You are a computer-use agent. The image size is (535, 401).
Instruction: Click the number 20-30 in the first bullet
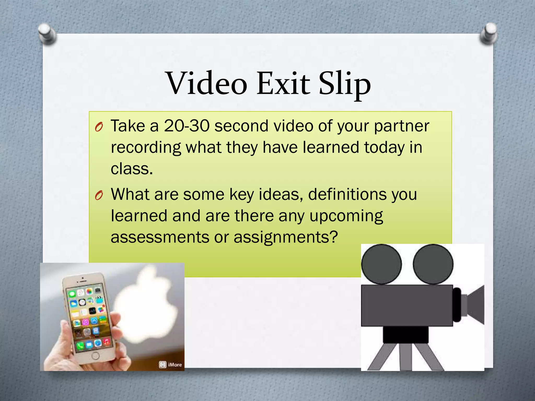pyautogui.click(x=187, y=126)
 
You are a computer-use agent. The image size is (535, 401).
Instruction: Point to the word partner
pyautogui.click(x=402, y=126)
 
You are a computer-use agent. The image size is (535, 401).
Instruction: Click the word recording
pyautogui.click(x=146, y=148)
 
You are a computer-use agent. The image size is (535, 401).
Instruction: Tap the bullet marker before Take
pyautogui.click(x=99, y=127)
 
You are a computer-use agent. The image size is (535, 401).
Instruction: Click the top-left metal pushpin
pyautogui.click(x=47, y=33)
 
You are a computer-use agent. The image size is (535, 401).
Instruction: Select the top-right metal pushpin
pyautogui.click(x=489, y=33)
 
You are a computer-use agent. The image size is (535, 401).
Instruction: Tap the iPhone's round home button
pyautogui.click(x=96, y=356)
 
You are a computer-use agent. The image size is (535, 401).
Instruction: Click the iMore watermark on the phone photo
pyautogui.click(x=171, y=364)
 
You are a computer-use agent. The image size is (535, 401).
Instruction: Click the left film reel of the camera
pyautogui.click(x=381, y=264)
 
